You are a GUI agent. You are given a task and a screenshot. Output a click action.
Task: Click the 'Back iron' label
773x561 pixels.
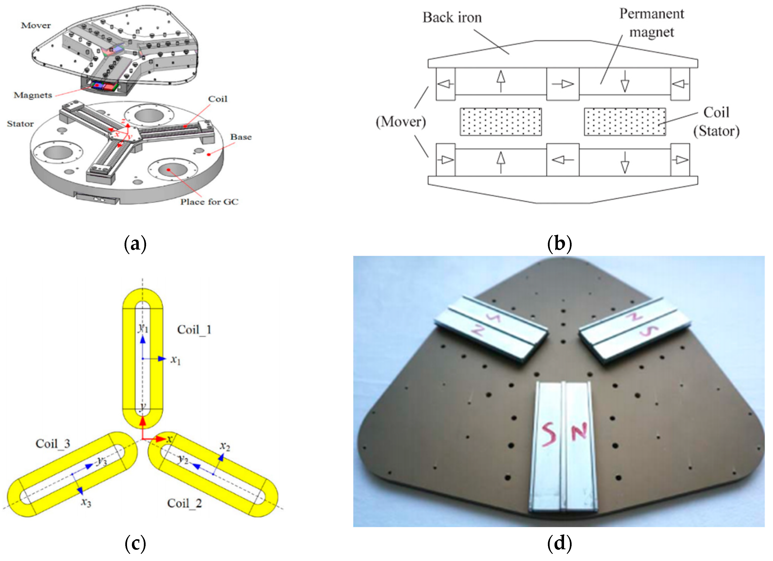[x=452, y=18]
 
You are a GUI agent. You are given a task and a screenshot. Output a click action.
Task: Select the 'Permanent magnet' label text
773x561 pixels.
[x=651, y=23]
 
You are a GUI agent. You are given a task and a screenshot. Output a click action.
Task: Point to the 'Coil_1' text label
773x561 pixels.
[x=194, y=330]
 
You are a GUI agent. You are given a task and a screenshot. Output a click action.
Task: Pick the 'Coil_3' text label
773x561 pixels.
[x=53, y=444]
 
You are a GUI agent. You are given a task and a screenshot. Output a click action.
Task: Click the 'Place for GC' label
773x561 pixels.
[x=209, y=202]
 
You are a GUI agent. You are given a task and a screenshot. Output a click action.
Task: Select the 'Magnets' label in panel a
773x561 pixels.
[x=33, y=95]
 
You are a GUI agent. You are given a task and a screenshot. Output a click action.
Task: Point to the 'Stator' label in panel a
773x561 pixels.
[x=21, y=124]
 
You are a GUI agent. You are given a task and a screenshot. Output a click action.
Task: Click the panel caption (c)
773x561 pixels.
[x=135, y=544]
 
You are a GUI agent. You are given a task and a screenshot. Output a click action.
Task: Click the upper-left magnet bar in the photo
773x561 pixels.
[x=491, y=329]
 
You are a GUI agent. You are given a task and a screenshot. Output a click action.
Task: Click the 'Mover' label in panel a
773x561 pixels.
[x=36, y=25]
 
